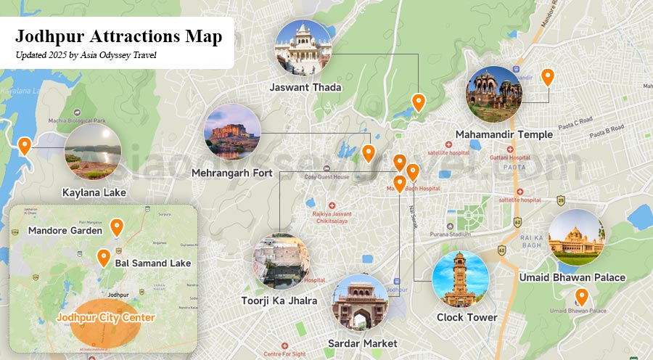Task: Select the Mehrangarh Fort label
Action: tap(231, 173)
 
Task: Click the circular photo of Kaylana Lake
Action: tap(92, 152)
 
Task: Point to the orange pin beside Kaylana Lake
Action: tap(25, 145)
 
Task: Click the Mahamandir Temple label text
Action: tap(504, 134)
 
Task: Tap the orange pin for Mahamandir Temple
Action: tap(548, 76)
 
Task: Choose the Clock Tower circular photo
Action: tap(460, 280)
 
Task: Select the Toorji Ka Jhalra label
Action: tap(279, 300)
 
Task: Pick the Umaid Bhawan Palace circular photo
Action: tap(576, 237)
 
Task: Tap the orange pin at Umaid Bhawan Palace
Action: tap(581, 296)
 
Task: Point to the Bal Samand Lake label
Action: tap(152, 263)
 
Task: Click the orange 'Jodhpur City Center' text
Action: tap(105, 318)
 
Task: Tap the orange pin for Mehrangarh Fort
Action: tap(369, 152)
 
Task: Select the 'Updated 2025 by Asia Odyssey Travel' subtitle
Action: tap(86, 54)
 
